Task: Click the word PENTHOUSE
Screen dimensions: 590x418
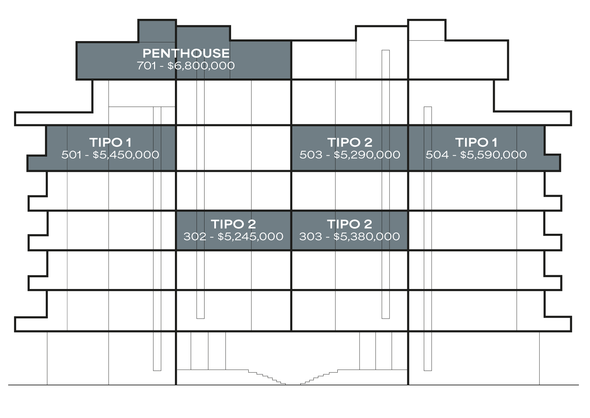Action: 186,53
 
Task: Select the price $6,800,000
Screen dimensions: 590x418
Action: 201,66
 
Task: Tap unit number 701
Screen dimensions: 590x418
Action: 147,66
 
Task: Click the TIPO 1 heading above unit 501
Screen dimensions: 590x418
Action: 110,142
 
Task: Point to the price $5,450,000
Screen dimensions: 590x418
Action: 126,155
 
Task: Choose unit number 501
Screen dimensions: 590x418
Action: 71,155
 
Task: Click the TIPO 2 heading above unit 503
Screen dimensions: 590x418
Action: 350,142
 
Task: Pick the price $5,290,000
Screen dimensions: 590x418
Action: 367,155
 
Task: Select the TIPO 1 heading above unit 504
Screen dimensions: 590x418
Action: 476,142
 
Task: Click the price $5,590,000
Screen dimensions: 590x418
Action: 493,155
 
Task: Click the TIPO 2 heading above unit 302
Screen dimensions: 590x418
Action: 233,224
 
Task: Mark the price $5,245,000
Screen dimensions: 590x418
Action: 250,236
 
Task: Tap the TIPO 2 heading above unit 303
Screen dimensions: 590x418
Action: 349,224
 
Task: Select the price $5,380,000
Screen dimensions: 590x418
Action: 367,236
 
